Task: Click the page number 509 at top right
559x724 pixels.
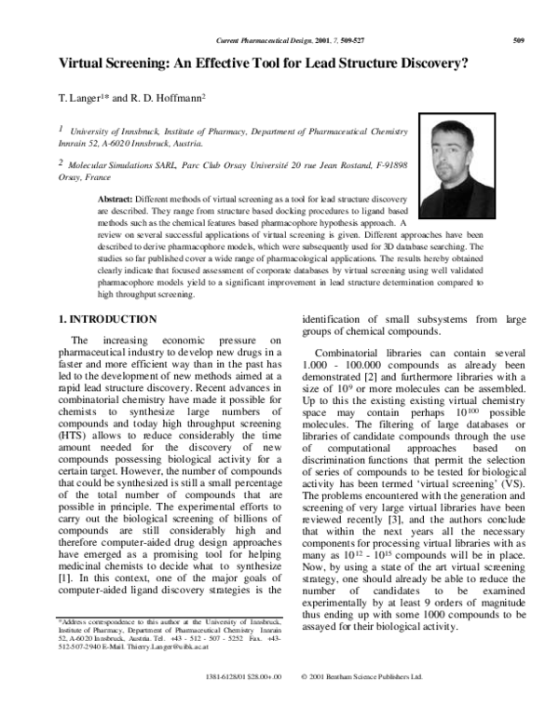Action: tap(520, 40)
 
